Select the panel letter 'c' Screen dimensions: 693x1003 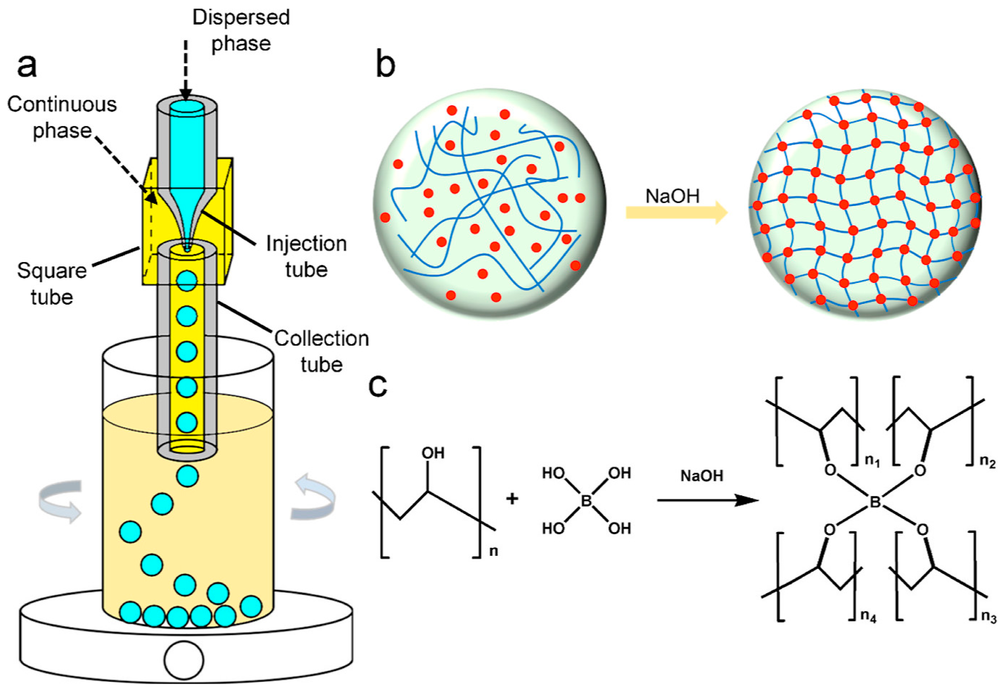[377, 385]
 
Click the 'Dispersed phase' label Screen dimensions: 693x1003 [241, 30]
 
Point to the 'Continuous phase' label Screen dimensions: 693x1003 [62, 117]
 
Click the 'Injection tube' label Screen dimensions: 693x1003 [306, 256]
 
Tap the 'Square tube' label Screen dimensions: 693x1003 [52, 284]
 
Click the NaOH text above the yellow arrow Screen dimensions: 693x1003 [672, 196]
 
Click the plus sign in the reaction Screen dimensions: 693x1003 [512, 499]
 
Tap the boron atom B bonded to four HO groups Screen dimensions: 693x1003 [586, 501]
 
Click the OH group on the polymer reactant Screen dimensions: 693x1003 [432, 453]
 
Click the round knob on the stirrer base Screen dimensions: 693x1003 [183, 660]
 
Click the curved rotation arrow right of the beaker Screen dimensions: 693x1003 [313, 497]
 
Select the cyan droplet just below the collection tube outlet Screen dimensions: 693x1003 [187, 476]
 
